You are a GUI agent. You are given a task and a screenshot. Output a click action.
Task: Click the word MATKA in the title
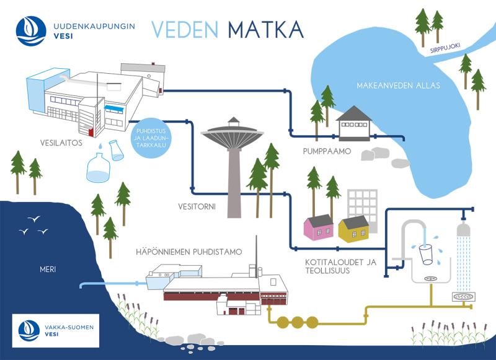pos(265,29)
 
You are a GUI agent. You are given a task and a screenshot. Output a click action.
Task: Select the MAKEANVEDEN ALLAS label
pos(398,85)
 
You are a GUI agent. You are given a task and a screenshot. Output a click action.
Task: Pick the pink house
pos(317,227)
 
